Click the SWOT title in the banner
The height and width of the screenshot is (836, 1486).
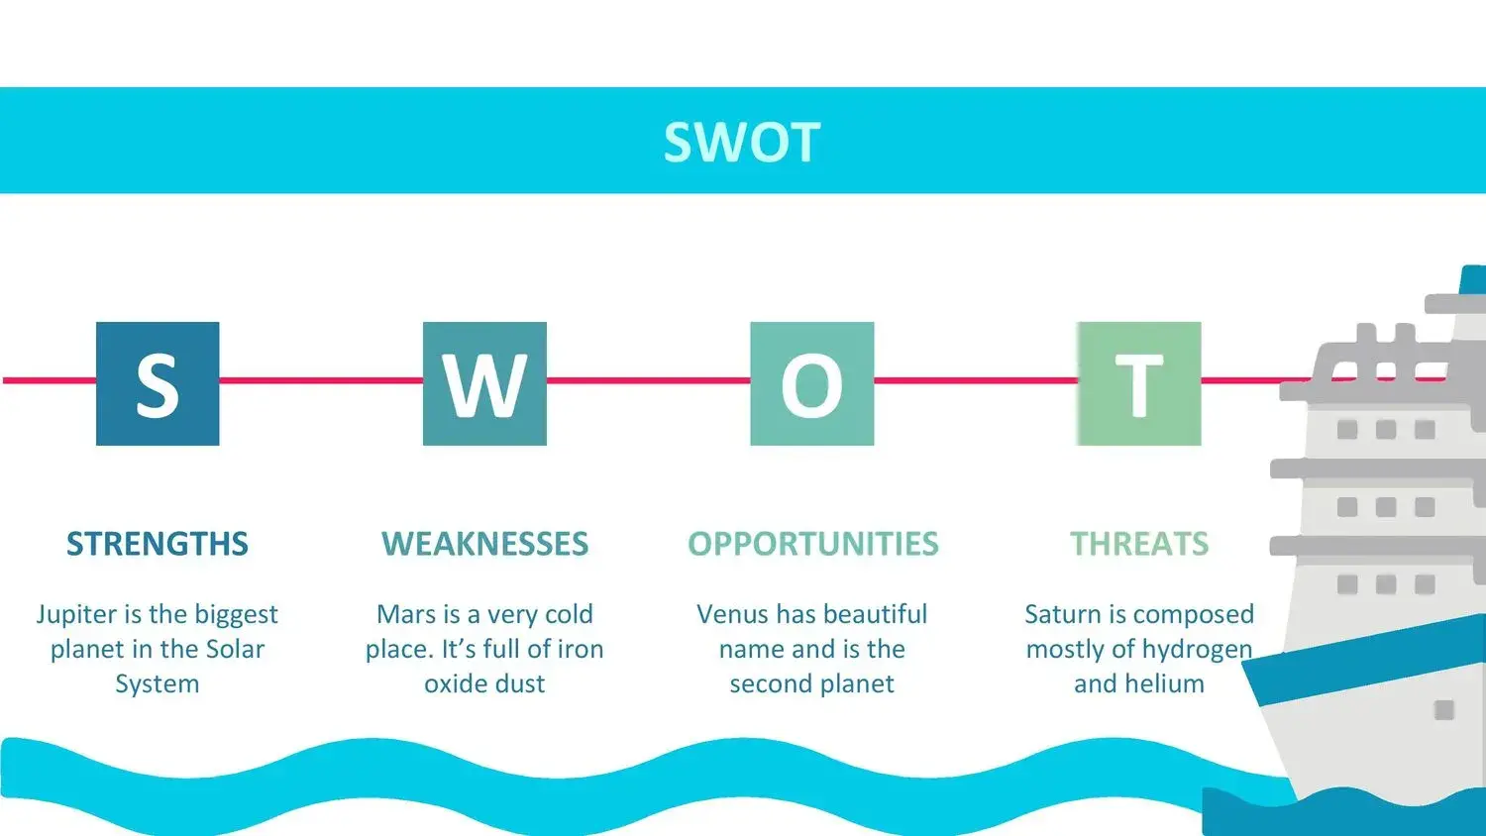742,142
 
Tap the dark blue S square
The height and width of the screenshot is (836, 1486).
158,383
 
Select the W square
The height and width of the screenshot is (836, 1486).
485,383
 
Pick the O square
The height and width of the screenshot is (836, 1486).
812,383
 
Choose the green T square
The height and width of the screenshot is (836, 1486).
1139,383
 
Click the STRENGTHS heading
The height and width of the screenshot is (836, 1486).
158,544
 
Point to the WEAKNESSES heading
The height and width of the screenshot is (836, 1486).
485,544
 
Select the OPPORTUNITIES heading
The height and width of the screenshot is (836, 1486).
813,544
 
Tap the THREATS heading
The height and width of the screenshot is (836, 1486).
1139,544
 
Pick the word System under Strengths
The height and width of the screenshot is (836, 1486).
158,684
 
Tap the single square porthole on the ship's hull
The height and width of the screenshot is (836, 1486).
1443,710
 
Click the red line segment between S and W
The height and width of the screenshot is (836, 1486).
321,380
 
